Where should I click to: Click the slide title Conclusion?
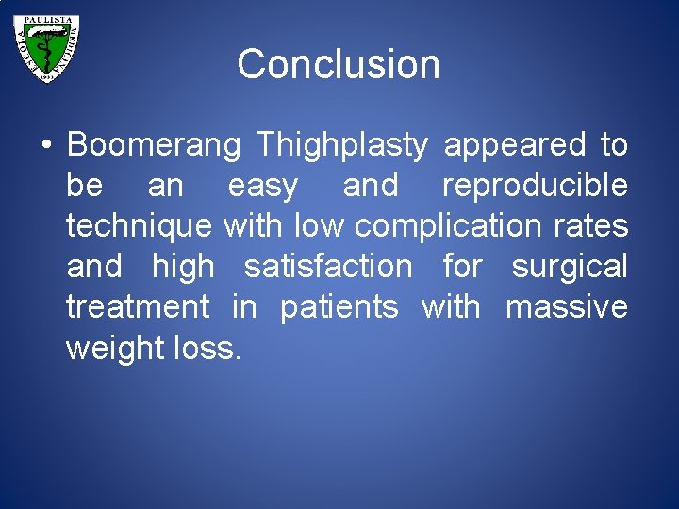(339, 65)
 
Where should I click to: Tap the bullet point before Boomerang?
(46, 146)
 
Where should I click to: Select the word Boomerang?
(157, 145)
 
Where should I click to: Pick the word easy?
(263, 186)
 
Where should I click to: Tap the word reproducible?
(535, 186)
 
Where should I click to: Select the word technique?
(140, 226)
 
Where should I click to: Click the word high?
(183, 267)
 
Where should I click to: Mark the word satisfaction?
(328, 267)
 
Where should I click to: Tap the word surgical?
(570, 267)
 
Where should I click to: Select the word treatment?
(138, 307)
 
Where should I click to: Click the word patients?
(339, 307)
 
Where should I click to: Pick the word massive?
(566, 307)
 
